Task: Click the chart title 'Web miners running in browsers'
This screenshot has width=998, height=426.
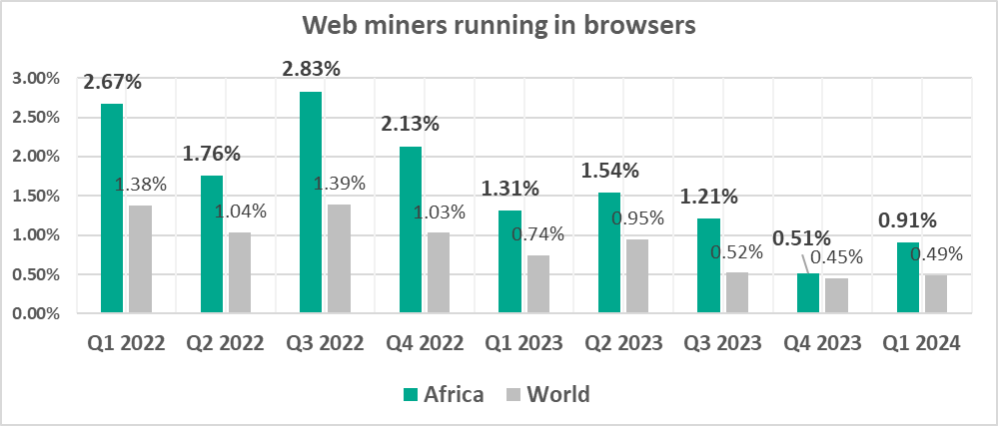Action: [x=499, y=27]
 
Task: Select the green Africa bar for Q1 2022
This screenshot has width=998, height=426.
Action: [x=112, y=209]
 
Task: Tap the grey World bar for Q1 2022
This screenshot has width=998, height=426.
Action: [x=140, y=259]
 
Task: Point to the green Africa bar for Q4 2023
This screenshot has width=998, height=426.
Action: [x=807, y=293]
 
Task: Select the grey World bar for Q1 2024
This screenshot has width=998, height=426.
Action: [x=936, y=294]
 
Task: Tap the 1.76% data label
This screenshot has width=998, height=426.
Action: [x=211, y=155]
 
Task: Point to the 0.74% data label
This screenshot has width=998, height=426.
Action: [x=537, y=234]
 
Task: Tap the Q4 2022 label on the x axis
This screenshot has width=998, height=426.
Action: [x=424, y=344]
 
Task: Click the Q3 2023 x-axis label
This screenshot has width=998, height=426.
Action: [x=722, y=344]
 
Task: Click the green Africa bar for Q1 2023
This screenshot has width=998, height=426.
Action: [x=509, y=262]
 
